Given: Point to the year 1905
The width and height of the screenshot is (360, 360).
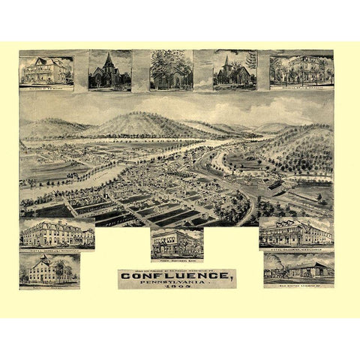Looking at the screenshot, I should click(x=176, y=291).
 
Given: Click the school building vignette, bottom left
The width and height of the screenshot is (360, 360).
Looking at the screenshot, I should click(x=49, y=269).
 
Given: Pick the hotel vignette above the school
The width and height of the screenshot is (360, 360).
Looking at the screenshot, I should click(x=57, y=234).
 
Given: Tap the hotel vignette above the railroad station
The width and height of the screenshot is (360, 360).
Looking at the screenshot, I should click(x=295, y=233).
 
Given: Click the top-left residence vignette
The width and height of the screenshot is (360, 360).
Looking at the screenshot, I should click(x=46, y=70).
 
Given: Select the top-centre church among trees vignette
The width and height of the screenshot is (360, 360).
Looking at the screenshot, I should click(x=171, y=70).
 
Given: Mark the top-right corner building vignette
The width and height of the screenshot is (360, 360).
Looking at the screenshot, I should click(x=301, y=70).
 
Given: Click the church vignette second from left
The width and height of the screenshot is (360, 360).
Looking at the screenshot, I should click(x=109, y=70).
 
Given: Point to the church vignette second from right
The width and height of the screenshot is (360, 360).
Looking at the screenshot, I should click(x=234, y=70).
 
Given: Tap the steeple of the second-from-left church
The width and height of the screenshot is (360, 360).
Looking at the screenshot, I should click(x=109, y=58).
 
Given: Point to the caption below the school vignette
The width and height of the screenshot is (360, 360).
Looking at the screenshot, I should click(x=49, y=286).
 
